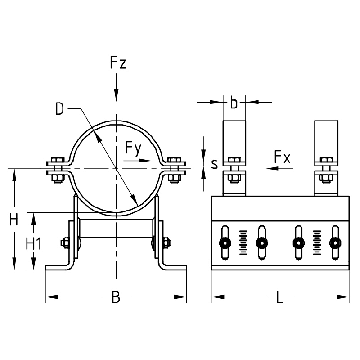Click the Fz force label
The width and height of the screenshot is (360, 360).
(119, 63)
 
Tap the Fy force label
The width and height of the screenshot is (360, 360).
(133, 147)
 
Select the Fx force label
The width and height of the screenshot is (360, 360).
(282, 157)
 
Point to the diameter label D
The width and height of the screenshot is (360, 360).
(59, 109)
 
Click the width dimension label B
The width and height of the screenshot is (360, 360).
(116, 297)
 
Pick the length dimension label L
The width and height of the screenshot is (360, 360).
(280, 297)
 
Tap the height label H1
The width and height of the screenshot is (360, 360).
(33, 245)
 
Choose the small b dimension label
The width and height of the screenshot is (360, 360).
(234, 103)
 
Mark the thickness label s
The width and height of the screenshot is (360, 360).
(214, 164)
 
